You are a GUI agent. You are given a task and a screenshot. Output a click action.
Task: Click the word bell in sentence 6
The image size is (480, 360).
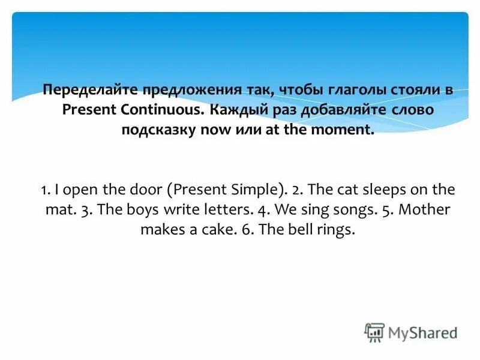coord(296,230)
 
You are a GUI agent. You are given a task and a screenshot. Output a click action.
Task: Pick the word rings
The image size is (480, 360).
coord(334,230)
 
